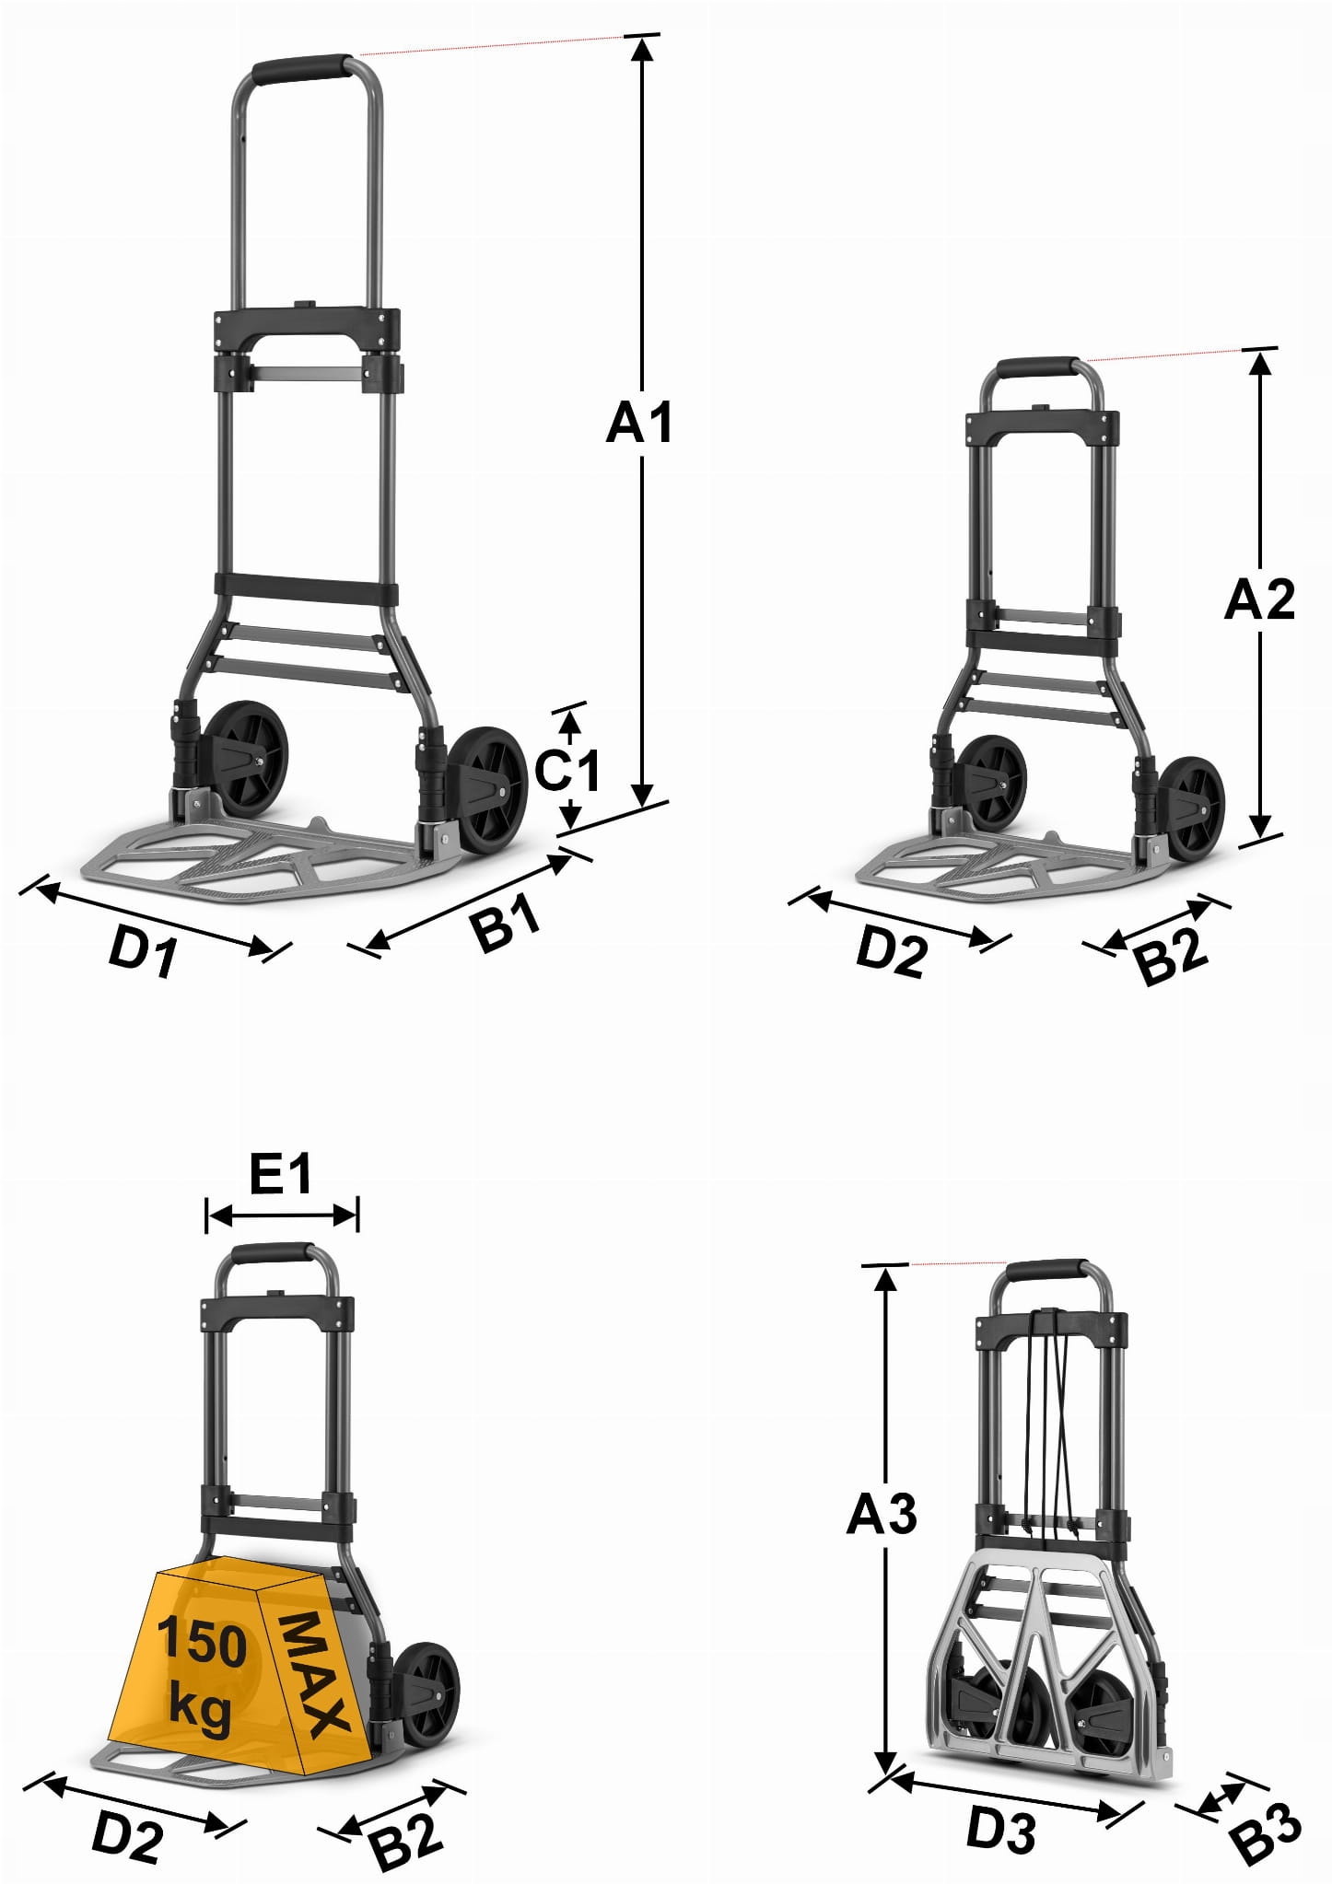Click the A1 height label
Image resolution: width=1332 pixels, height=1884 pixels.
(x=639, y=423)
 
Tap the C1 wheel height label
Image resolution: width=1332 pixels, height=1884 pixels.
(x=567, y=770)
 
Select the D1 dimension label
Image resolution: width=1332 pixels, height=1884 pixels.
(x=144, y=949)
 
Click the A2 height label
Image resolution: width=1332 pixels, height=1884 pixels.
(x=1259, y=599)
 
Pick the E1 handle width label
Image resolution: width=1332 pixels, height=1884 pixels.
(x=281, y=1174)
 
